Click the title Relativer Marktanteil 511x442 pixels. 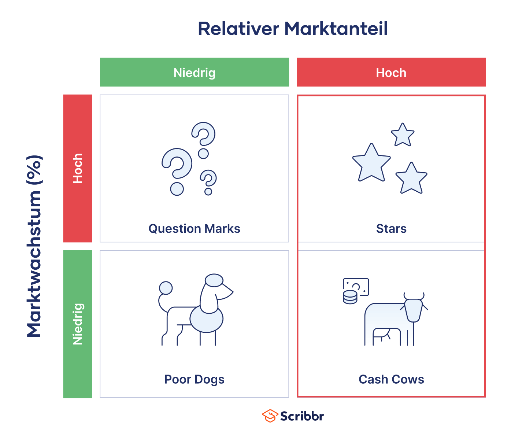pyautogui.click(x=292, y=29)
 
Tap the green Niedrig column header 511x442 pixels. pyautogui.click(x=194, y=73)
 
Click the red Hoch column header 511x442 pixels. pyautogui.click(x=391, y=73)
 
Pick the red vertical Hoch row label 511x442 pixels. pyautogui.click(x=77, y=168)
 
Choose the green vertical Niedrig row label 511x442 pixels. pyautogui.click(x=77, y=324)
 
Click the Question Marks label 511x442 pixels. pyautogui.click(x=194, y=229)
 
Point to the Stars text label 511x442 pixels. pyautogui.click(x=391, y=229)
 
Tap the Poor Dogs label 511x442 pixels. pyautogui.click(x=194, y=379)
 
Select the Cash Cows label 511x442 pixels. pyautogui.click(x=391, y=379)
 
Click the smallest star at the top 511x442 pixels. pyautogui.click(x=403, y=135)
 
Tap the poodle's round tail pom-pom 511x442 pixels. pyautogui.click(x=166, y=288)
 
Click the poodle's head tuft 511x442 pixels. pyautogui.click(x=214, y=280)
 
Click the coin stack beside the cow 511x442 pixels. pyautogui.click(x=350, y=297)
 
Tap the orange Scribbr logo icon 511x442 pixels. pyautogui.click(x=270, y=416)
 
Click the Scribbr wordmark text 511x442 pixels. pyautogui.click(x=302, y=416)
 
